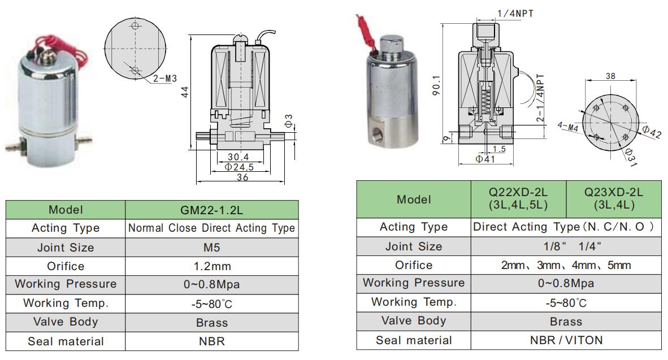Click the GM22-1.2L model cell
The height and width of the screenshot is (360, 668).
click(212, 210)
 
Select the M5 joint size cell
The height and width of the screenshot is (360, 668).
click(212, 248)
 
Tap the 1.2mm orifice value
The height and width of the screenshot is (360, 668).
click(212, 266)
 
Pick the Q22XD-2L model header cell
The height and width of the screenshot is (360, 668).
click(518, 199)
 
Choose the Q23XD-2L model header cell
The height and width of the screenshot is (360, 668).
click(614, 199)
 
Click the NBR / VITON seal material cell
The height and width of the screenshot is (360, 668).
click(566, 340)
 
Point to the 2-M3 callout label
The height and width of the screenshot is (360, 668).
click(165, 79)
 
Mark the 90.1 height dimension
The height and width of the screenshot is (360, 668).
click(436, 85)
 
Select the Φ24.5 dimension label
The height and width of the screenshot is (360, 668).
click(239, 167)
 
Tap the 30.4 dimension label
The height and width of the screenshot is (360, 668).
click(238, 157)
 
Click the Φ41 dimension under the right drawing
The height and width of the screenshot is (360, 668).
click(485, 159)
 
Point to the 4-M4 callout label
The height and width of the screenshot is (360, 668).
click(567, 127)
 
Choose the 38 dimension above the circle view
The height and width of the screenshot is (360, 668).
click(610, 76)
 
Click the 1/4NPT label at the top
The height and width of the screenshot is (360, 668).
click(515, 13)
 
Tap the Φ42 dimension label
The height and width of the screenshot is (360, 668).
click(652, 132)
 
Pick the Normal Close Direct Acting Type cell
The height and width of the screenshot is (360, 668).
click(212, 228)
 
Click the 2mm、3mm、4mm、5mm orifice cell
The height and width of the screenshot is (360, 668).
click(566, 265)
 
